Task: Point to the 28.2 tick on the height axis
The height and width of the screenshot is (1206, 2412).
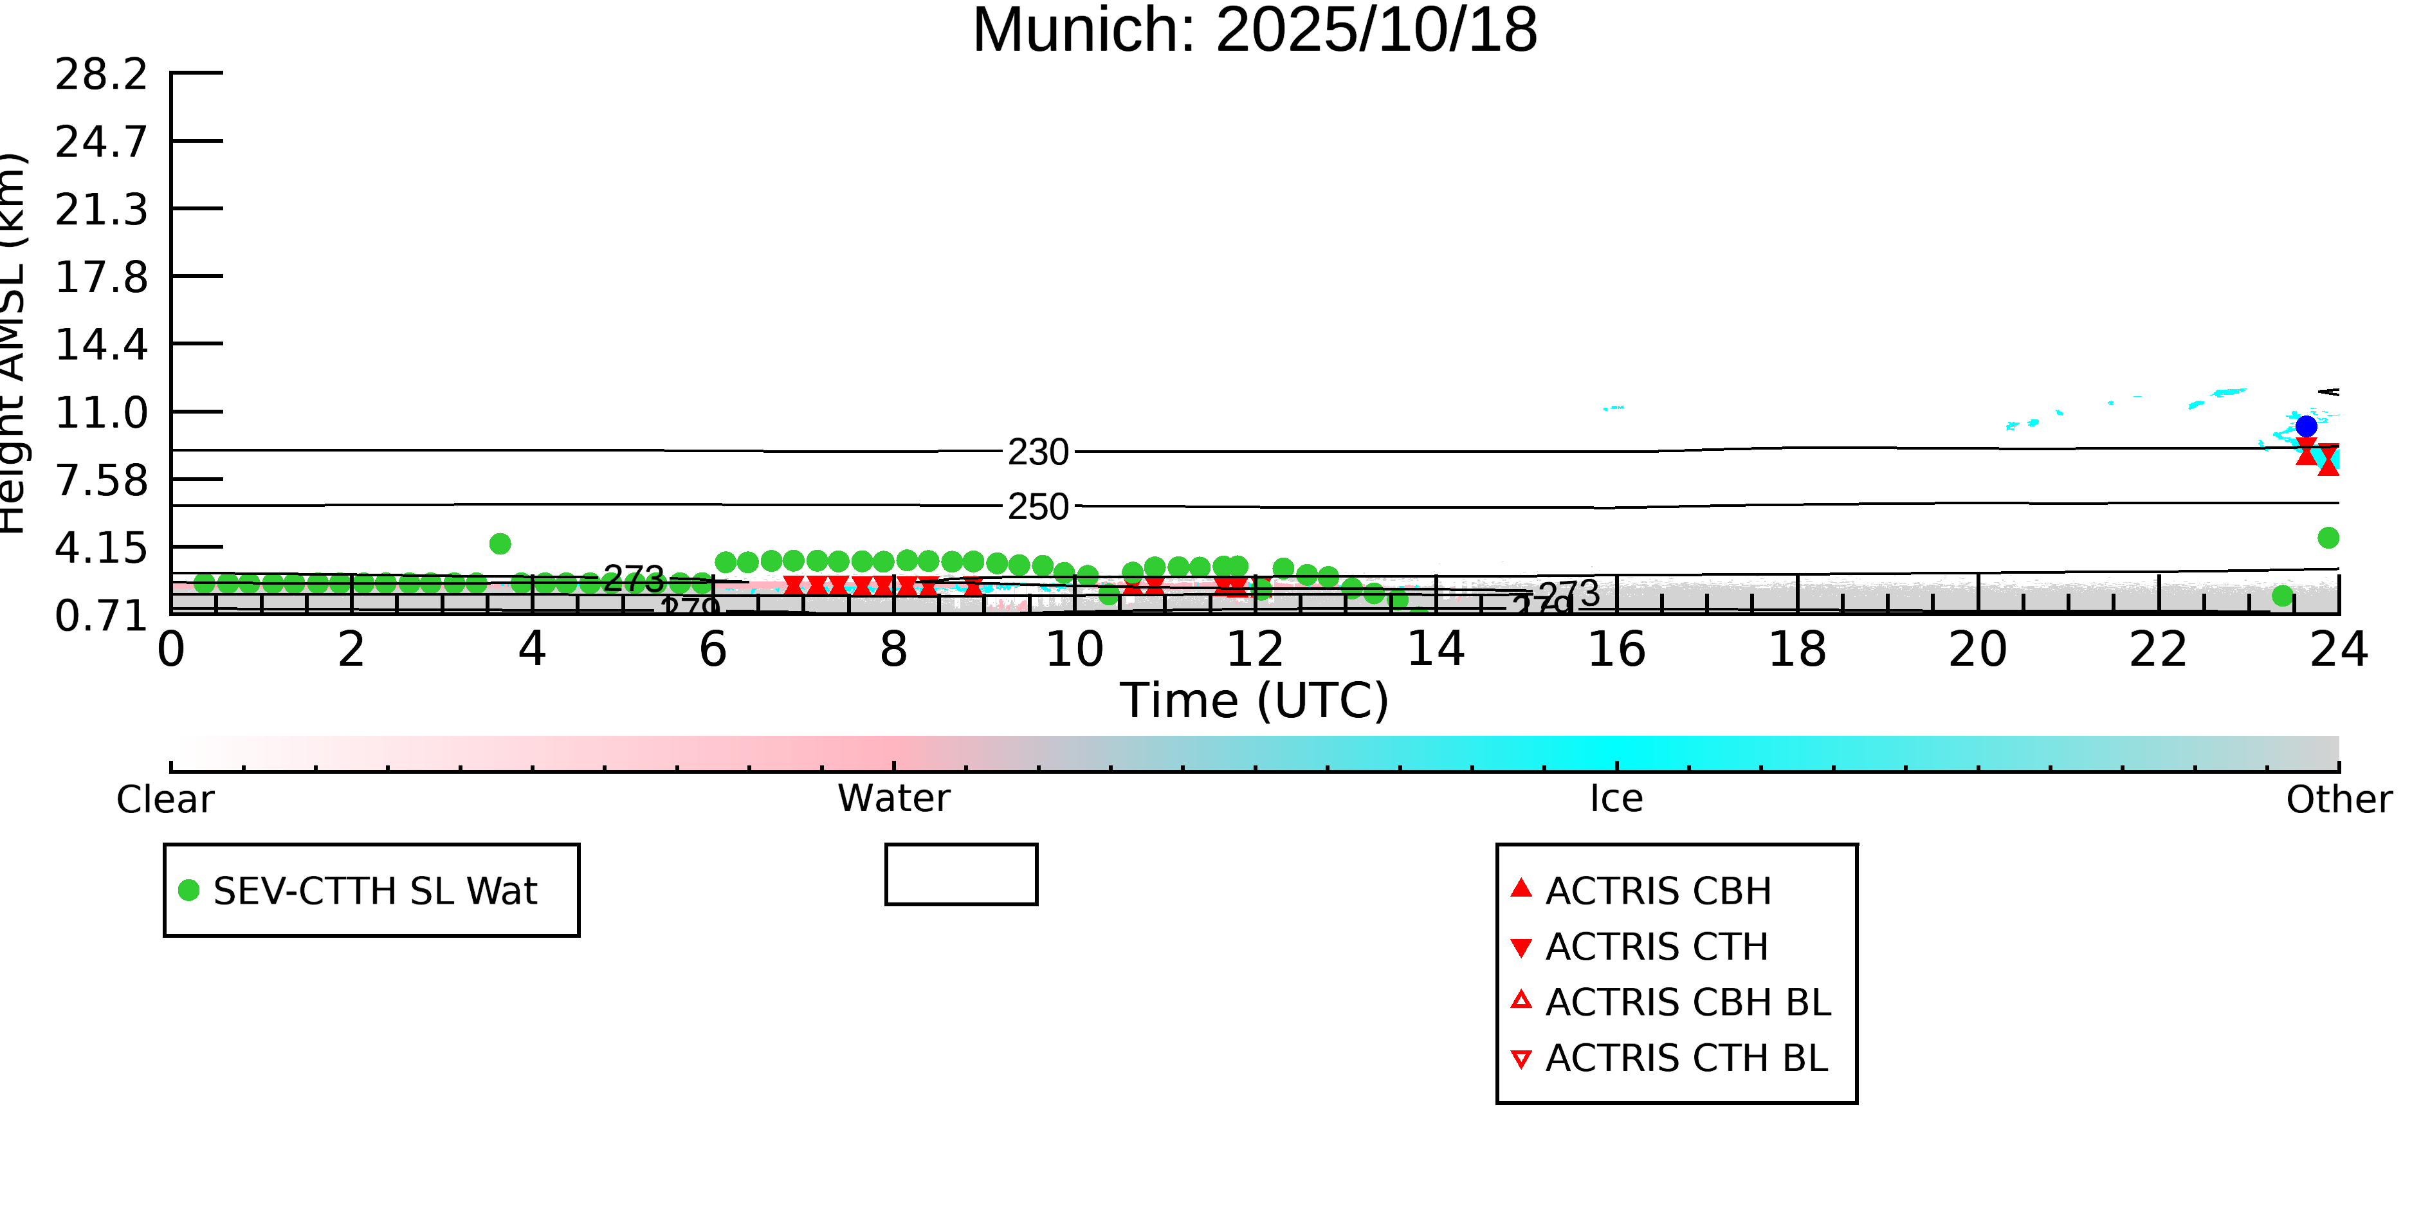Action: click(101, 74)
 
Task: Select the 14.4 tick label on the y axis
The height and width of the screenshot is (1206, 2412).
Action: click(101, 345)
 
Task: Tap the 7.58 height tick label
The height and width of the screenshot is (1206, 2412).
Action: click(101, 480)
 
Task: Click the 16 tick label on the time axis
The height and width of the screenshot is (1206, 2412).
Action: click(1616, 650)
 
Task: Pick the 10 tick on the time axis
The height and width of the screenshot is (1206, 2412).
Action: click(1074, 650)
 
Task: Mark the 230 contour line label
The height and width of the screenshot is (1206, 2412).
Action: click(1037, 452)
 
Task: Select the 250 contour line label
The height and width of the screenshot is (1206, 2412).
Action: click(1037, 507)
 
